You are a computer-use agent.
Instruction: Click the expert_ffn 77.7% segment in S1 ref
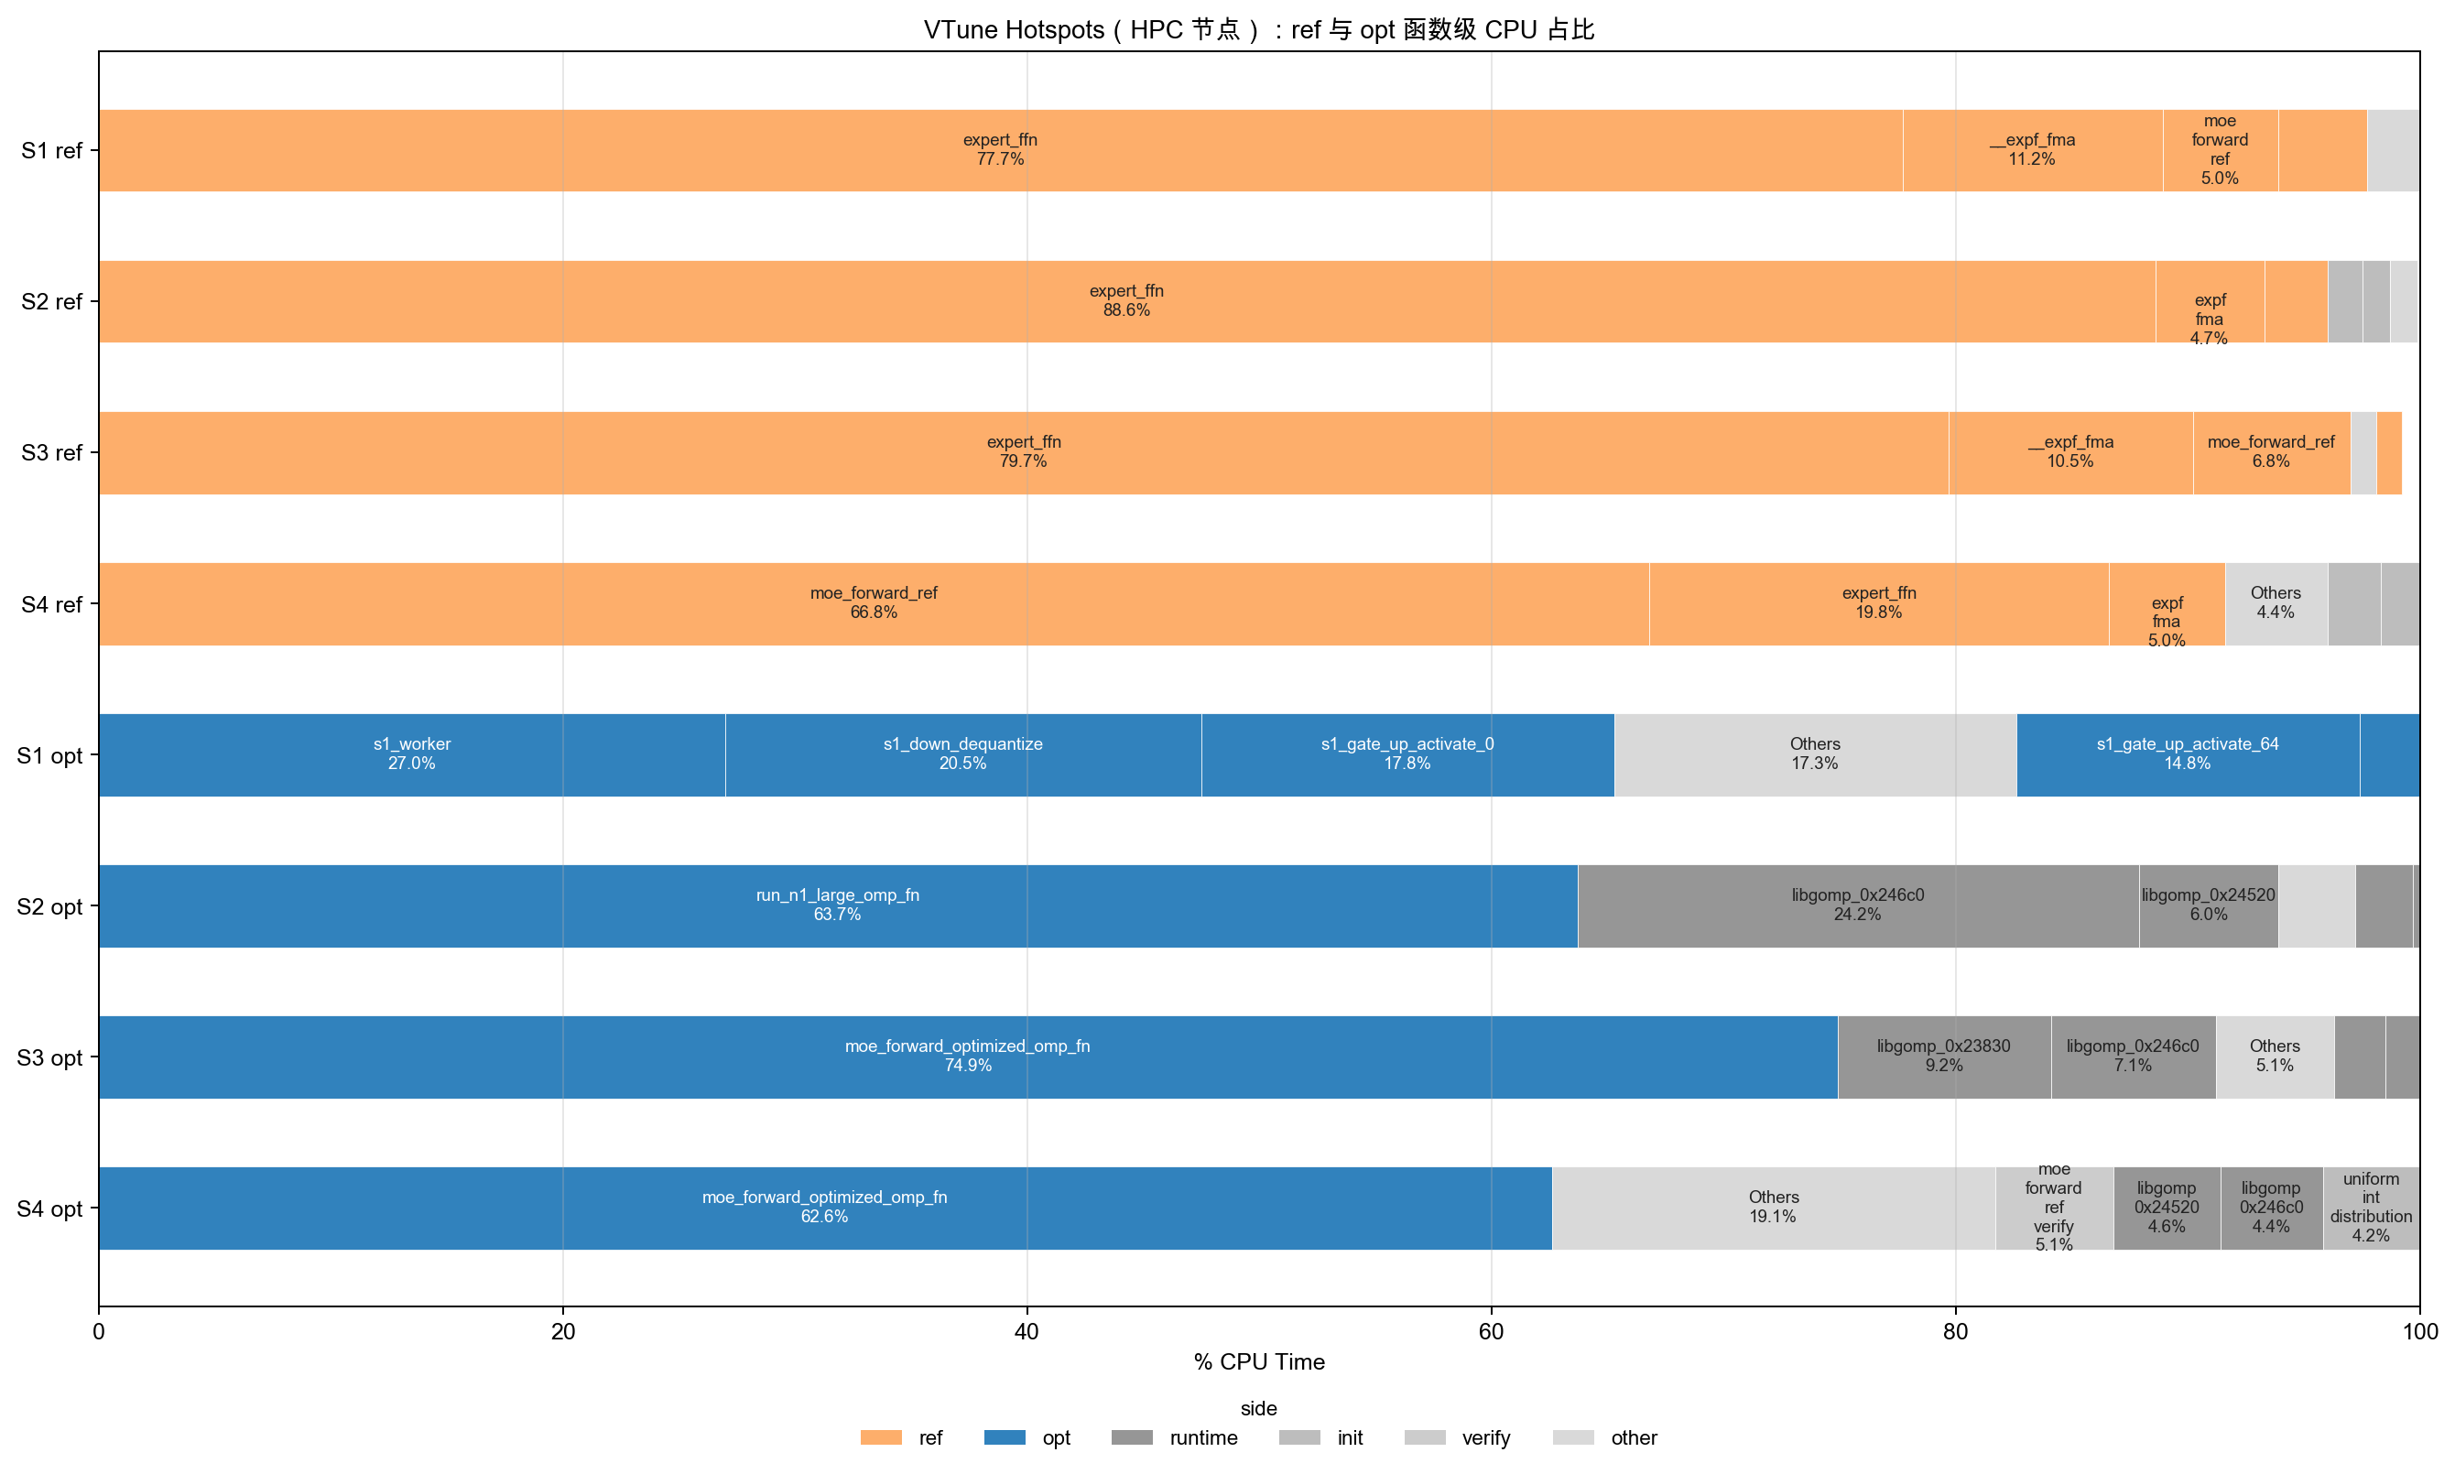click(1000, 150)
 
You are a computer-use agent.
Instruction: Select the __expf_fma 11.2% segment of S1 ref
click(2033, 150)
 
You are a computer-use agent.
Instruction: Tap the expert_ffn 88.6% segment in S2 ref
click(1127, 301)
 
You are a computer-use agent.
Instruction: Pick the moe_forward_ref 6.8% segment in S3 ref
click(2271, 452)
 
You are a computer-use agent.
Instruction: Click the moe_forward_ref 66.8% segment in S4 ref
click(874, 603)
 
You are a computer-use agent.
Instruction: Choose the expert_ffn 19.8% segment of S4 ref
click(1879, 603)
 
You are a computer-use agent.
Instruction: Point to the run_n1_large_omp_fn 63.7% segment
click(838, 905)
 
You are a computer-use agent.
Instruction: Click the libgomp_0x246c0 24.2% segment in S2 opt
click(1858, 905)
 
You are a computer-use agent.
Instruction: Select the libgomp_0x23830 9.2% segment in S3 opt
click(1945, 1056)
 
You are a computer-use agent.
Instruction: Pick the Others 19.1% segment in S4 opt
click(1774, 1207)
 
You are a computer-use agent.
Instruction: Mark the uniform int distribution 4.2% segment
click(2371, 1207)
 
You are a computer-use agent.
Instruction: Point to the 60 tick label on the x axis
click(1491, 1331)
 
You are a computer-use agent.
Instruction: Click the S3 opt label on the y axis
click(49, 1057)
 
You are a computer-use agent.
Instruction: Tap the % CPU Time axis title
click(1259, 1361)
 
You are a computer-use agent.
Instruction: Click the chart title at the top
click(1259, 30)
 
